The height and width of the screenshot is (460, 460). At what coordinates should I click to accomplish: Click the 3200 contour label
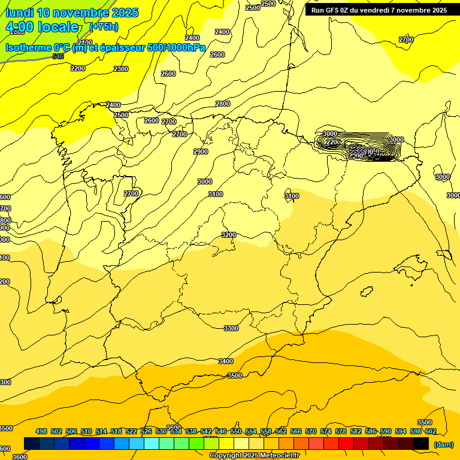tap(229, 235)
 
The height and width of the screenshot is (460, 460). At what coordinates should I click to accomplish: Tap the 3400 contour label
tap(226, 361)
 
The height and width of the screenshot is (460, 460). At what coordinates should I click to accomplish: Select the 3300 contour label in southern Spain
tap(231, 328)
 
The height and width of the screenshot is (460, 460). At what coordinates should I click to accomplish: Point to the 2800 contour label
tap(223, 104)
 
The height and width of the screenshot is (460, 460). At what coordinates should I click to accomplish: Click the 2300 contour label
tap(121, 69)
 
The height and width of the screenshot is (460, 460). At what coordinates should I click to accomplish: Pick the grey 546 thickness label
tap(58, 56)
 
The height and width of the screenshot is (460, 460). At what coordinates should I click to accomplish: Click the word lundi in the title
tap(19, 13)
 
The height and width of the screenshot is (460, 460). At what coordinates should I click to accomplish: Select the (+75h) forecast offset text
tap(104, 27)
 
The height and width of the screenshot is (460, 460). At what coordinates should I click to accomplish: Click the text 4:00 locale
tap(42, 27)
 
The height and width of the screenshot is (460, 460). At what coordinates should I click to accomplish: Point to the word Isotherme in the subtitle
tap(28, 48)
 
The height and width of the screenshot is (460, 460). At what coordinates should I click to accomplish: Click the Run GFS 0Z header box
tap(379, 10)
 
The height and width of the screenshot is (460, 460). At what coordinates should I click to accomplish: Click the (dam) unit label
tap(443, 444)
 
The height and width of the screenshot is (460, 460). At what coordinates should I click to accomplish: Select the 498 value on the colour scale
tap(41, 431)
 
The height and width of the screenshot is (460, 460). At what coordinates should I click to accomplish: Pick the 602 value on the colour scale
tap(431, 431)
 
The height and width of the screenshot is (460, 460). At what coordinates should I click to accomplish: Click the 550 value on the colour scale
tap(236, 431)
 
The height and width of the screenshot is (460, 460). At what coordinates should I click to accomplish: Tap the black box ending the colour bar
tap(421, 443)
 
